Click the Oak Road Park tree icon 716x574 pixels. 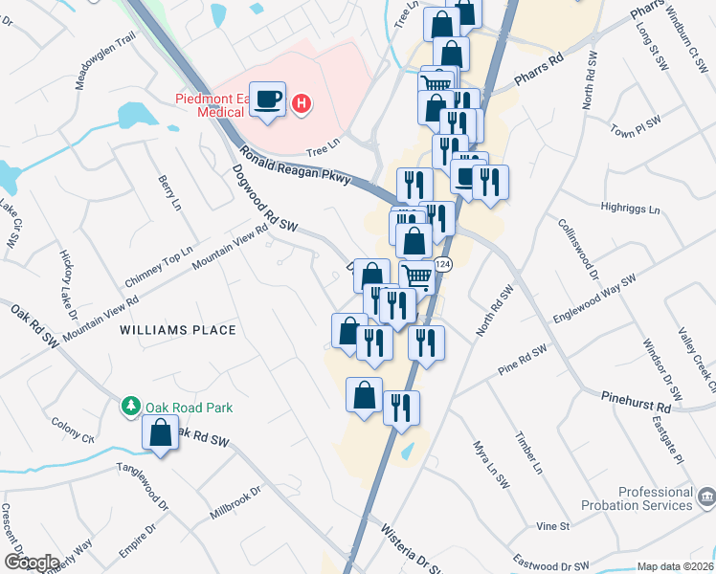[x=131, y=407]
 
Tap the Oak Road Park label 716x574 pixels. [x=190, y=408]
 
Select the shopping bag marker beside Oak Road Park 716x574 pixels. [x=161, y=434]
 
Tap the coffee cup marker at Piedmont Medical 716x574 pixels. [x=269, y=99]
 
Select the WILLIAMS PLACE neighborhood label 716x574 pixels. [x=177, y=330]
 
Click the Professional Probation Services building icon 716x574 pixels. [x=705, y=497]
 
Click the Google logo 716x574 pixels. [x=32, y=563]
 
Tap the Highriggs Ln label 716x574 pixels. [x=628, y=209]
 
